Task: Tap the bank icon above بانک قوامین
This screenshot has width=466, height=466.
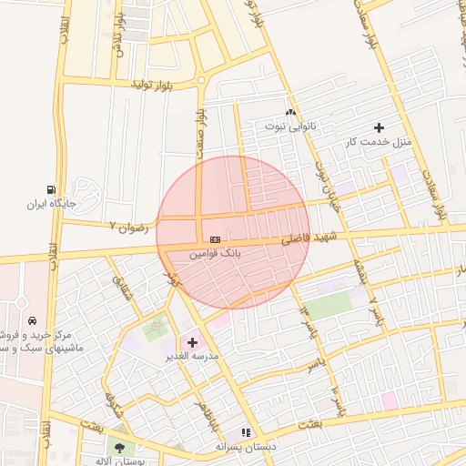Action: [215, 238]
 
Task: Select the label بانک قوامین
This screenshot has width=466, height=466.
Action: [215, 254]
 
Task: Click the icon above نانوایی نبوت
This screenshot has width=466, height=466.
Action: [291, 110]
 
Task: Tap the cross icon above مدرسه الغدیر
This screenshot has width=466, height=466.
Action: [192, 342]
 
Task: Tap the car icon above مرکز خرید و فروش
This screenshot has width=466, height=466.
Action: [31, 321]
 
